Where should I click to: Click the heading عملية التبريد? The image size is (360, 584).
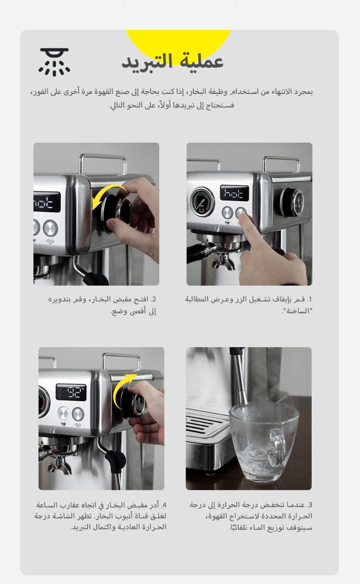[x=172, y=62]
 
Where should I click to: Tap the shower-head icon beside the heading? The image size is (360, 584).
[x=54, y=62]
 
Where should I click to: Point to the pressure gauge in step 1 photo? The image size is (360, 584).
[x=202, y=202]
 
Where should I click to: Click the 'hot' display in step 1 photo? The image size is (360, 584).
[x=235, y=193]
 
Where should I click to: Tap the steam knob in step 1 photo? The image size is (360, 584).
[x=292, y=202]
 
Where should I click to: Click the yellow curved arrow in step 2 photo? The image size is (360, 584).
[x=110, y=196]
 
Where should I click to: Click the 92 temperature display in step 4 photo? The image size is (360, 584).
[x=71, y=392]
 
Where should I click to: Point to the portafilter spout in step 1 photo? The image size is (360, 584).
[x=224, y=261]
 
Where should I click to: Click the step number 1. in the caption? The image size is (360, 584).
[x=309, y=299]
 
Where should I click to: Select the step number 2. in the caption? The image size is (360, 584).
[x=154, y=299]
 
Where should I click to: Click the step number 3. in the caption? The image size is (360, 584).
[x=309, y=505]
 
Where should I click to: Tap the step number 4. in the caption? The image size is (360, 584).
[x=163, y=505]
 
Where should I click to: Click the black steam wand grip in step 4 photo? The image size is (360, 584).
[x=116, y=460]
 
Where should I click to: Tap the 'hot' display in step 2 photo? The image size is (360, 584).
[x=47, y=202]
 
